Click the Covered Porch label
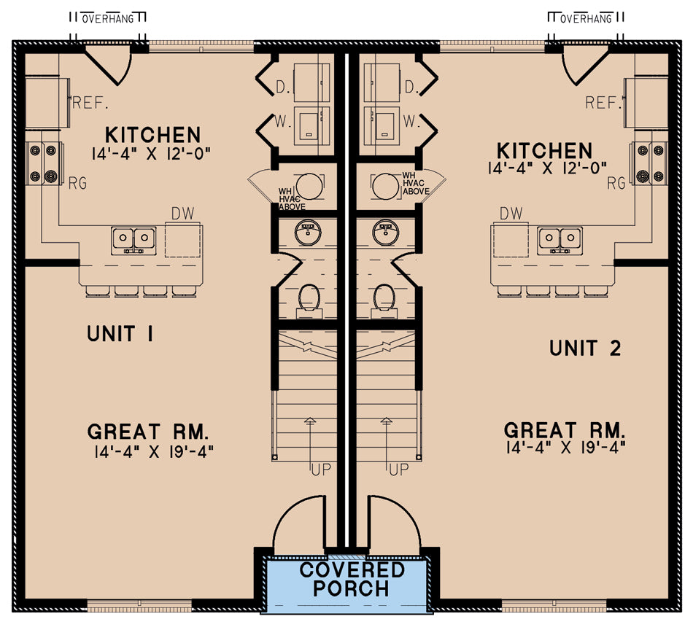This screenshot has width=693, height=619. (x=352, y=580)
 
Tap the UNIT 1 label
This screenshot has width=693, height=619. (x=120, y=334)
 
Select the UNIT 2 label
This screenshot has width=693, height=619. (x=585, y=349)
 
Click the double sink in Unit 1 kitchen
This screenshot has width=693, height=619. (x=133, y=239)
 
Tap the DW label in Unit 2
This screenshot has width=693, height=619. (x=511, y=213)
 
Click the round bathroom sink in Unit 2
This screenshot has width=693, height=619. (x=384, y=233)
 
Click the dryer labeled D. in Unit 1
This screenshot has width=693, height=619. (x=311, y=82)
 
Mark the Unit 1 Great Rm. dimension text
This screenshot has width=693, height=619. (x=153, y=451)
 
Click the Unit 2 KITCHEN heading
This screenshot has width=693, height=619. (x=544, y=151)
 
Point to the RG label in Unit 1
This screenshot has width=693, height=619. (x=77, y=184)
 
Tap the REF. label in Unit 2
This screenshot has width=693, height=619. (x=602, y=103)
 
